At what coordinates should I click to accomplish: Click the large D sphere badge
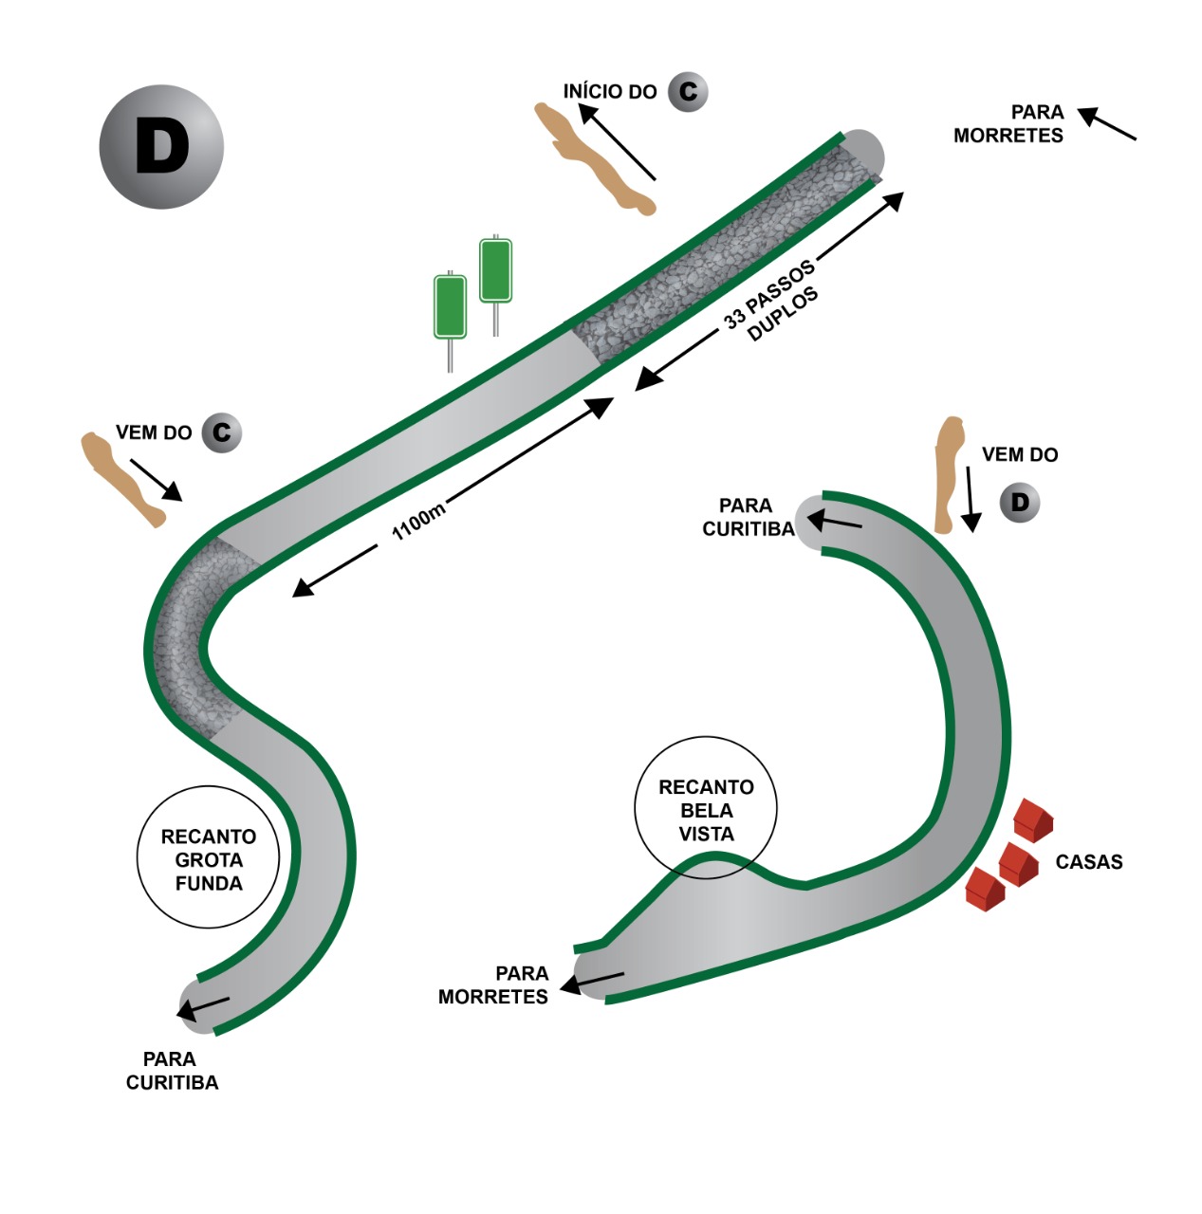[x=161, y=147]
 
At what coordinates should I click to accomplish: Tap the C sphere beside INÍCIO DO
[x=688, y=92]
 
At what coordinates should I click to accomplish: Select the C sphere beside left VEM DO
[x=221, y=432]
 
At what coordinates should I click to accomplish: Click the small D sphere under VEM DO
[x=1020, y=503]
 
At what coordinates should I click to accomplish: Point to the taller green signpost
[x=495, y=270]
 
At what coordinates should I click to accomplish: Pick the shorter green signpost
[x=450, y=306]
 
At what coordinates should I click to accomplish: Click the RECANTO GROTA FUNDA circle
[x=208, y=857]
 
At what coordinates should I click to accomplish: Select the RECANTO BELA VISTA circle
[x=705, y=808]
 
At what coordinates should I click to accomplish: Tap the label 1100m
[x=418, y=522]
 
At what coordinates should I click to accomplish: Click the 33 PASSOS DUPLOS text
[x=769, y=301]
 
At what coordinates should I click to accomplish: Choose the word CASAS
[x=1088, y=862]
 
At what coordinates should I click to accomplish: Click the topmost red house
[x=1032, y=819]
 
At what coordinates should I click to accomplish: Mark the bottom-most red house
[x=984, y=890]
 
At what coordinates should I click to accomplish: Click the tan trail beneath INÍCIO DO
[x=594, y=160]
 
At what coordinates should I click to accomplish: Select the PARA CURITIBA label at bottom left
[x=172, y=1071]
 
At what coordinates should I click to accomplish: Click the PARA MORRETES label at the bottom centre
[x=493, y=985]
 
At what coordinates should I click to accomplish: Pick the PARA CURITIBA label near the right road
[x=748, y=517]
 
